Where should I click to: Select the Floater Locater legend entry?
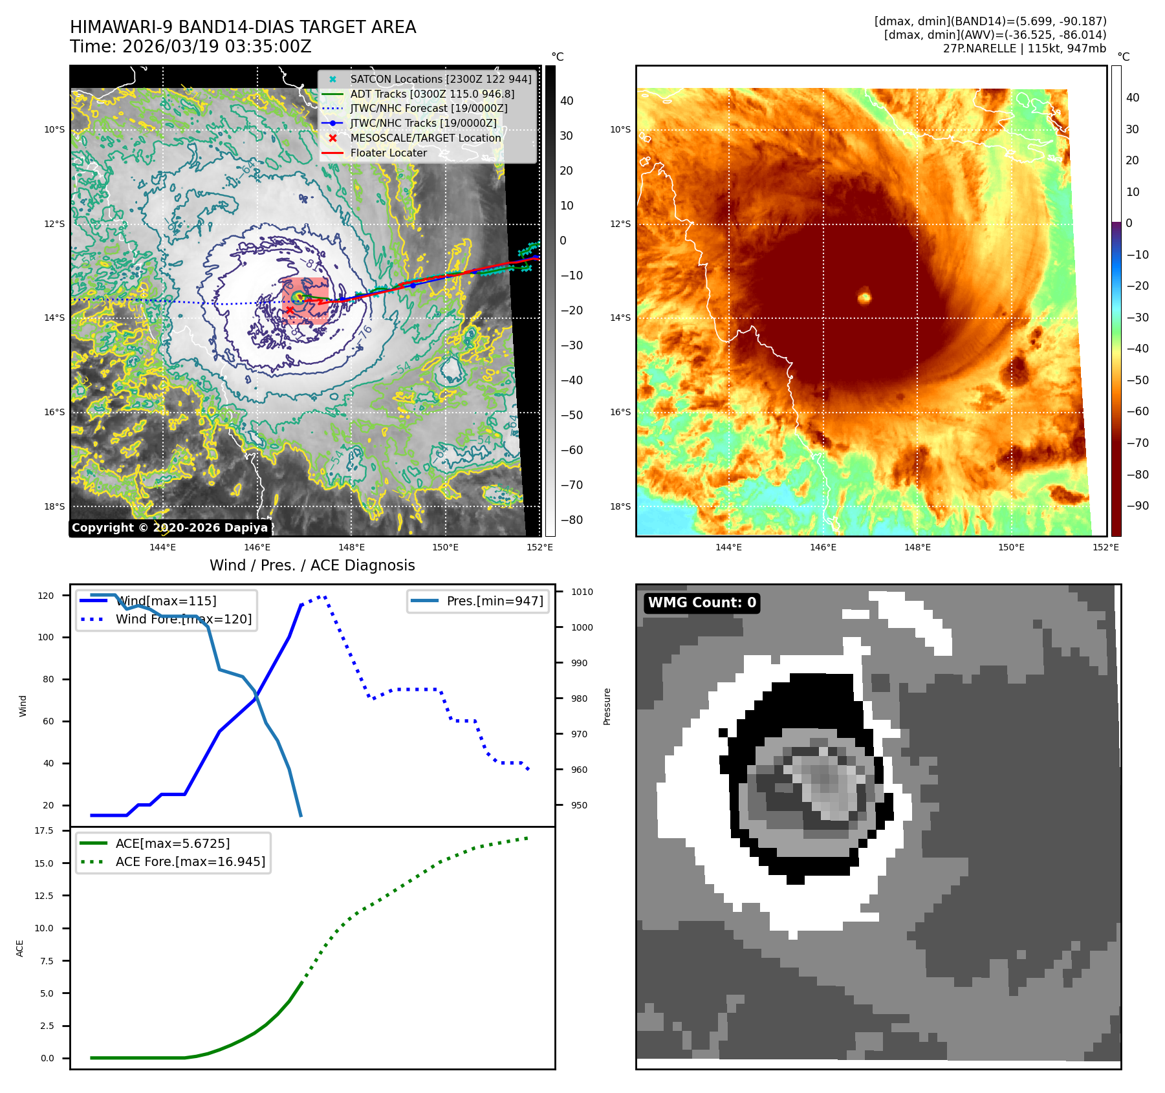[388, 153]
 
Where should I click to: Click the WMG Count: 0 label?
[702, 603]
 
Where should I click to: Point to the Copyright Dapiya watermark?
[169, 528]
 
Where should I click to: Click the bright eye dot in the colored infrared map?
[864, 298]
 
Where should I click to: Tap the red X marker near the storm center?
[289, 310]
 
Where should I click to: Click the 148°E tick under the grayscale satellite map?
[351, 547]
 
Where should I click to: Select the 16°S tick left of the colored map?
[620, 412]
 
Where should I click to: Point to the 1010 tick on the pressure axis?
[582, 592]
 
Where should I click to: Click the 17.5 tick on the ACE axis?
[44, 830]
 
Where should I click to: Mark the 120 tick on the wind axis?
[46, 596]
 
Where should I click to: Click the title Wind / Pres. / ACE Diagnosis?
[312, 565]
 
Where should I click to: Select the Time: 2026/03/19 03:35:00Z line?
[191, 47]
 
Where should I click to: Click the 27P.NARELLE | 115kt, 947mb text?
[1024, 49]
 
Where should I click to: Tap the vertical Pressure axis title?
[607, 706]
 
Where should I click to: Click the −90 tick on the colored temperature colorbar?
[1137, 506]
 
